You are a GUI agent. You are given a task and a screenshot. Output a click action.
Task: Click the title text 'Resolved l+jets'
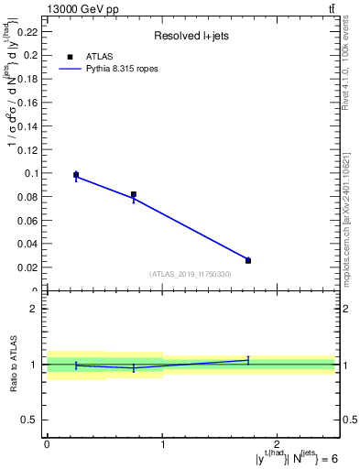(x=190, y=36)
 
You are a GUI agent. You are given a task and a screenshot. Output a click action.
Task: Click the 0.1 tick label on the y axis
(x=31, y=172)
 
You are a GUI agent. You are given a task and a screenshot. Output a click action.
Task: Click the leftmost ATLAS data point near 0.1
(x=76, y=174)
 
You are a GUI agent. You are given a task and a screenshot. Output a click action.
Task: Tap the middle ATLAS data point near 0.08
(x=134, y=194)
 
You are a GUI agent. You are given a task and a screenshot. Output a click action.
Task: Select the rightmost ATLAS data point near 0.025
(x=248, y=260)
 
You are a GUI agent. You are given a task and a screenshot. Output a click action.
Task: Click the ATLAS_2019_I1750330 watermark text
(x=191, y=274)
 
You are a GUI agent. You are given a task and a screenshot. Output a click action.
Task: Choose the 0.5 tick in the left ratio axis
(x=35, y=420)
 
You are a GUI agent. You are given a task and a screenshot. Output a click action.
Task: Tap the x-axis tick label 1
(x=162, y=444)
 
